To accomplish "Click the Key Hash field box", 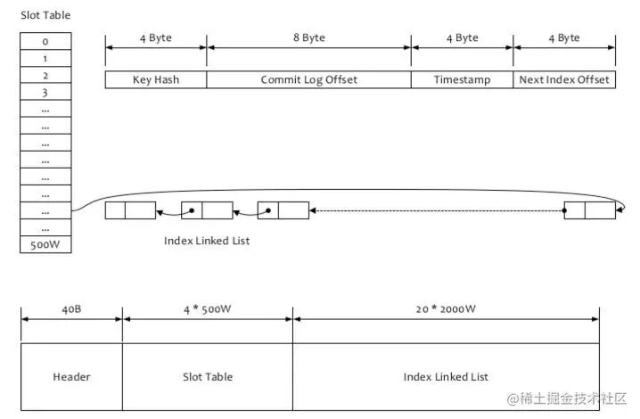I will (156, 79).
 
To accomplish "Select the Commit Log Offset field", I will (308, 79).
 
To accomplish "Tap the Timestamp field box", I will (462, 79).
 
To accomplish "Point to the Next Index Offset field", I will (564, 79).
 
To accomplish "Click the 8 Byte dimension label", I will (308, 37).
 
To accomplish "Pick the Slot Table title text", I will (45, 15).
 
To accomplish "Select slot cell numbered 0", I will (45, 42).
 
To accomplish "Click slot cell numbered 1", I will (45, 59).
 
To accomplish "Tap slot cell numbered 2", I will (45, 76).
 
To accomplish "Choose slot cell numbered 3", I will (45, 93).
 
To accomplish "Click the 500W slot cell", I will (45, 244).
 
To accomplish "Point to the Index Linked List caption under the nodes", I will (207, 241).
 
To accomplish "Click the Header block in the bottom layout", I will (71, 376).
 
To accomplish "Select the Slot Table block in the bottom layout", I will (207, 376).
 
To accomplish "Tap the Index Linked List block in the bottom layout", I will (446, 376).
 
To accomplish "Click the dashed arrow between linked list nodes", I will (437, 211).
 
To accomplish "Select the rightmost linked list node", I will (589, 211).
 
